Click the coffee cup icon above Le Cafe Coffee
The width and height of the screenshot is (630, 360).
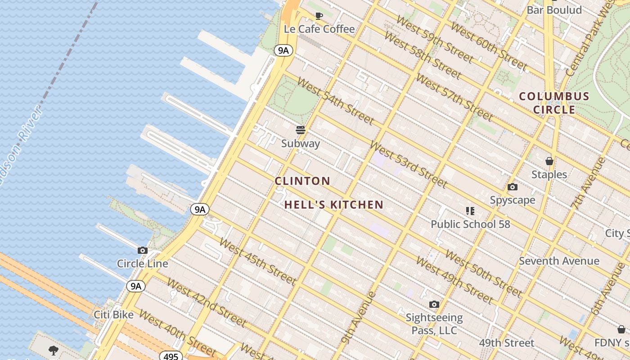(319, 16)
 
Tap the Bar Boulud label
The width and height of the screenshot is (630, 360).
(554, 10)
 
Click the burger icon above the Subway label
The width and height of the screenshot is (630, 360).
(301, 130)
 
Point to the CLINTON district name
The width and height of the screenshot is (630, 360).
(302, 181)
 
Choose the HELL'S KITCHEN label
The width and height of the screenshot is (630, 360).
(334, 205)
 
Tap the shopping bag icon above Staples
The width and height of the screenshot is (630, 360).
(549, 161)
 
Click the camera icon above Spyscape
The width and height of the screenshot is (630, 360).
(512, 187)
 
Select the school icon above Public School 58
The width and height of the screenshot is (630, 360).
(470, 211)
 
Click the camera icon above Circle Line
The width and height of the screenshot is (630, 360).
(143, 251)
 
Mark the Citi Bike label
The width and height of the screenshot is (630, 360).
(113, 315)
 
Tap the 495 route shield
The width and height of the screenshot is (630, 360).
(171, 356)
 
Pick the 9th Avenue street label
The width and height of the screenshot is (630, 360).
(358, 318)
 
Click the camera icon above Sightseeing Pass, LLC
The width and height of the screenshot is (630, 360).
(434, 305)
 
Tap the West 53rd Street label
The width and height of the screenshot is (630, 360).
(409, 164)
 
